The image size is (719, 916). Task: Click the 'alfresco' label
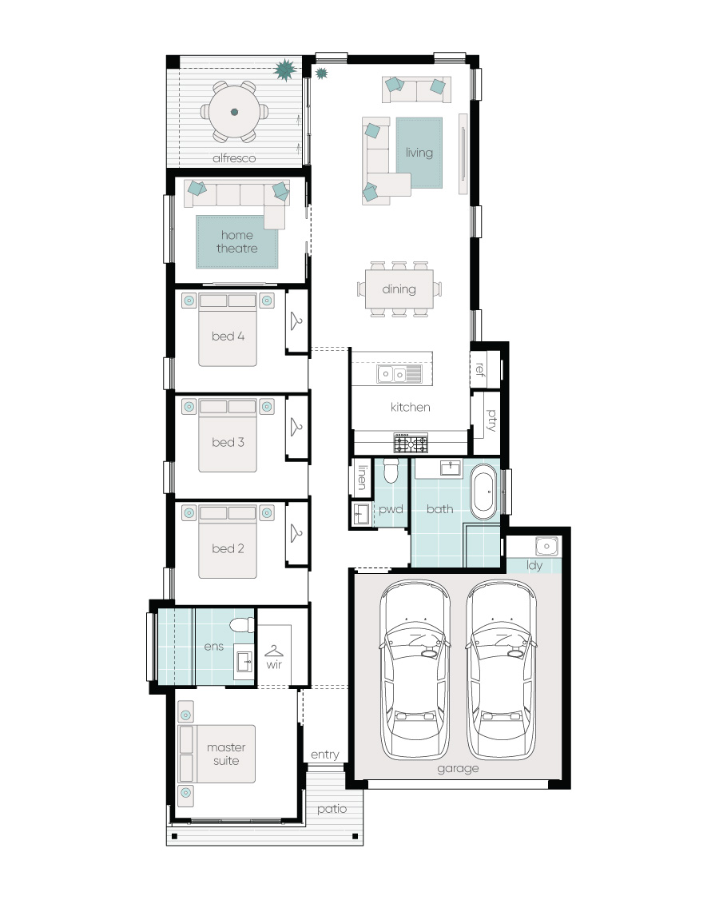pyautogui.click(x=233, y=158)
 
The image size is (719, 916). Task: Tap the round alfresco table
pyautogui.click(x=234, y=112)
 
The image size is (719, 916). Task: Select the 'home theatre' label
pyautogui.click(x=236, y=242)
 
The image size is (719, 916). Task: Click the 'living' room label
pyautogui.click(x=419, y=153)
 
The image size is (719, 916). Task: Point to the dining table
pyautogui.click(x=399, y=289)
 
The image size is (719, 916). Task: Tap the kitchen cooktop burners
pyautogui.click(x=411, y=443)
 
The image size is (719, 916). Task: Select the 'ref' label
pyautogui.click(x=479, y=368)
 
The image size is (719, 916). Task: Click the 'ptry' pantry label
pyautogui.click(x=491, y=420)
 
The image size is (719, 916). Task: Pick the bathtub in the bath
pyautogui.click(x=483, y=492)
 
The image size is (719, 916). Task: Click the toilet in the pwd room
pyautogui.click(x=391, y=470)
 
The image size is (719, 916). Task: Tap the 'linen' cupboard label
pyautogui.click(x=362, y=477)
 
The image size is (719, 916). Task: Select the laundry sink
pyautogui.click(x=546, y=546)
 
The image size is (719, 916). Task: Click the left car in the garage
pyautogui.click(x=415, y=670)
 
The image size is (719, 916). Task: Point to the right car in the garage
pyautogui.click(x=502, y=670)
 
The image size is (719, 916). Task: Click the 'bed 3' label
pyautogui.click(x=228, y=442)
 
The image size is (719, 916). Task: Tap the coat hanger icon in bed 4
pyautogui.click(x=296, y=321)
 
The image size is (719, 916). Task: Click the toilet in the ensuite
pyautogui.click(x=242, y=625)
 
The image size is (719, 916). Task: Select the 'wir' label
pyautogui.click(x=274, y=665)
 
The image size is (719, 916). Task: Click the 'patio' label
pyautogui.click(x=332, y=809)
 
